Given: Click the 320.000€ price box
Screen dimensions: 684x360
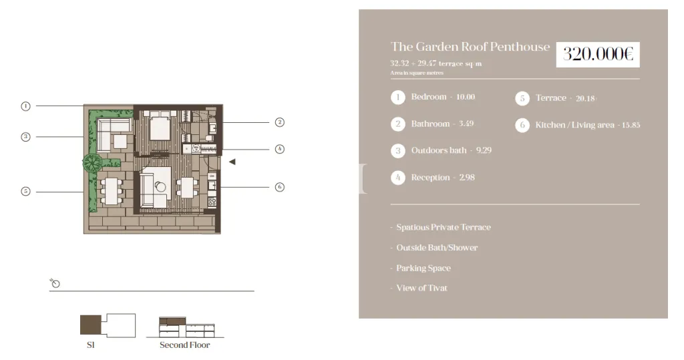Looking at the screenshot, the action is [598, 55].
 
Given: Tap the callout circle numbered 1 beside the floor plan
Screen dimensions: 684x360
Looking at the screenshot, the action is [26, 106].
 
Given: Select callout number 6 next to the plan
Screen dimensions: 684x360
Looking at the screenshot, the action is [280, 187].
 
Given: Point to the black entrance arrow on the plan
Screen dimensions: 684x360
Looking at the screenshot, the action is [232, 162].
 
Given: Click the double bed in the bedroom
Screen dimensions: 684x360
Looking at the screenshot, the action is [160, 126].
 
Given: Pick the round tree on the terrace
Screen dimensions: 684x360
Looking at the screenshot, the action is [92, 163].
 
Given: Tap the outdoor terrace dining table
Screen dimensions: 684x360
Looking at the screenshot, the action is [112, 191].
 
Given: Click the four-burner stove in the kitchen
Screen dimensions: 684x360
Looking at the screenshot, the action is [212, 202].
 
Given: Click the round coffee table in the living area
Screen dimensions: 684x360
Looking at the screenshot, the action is [160, 187].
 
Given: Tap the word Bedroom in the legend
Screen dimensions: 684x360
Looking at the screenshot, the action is [429, 97].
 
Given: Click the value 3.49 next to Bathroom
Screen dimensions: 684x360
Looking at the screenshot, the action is [466, 124].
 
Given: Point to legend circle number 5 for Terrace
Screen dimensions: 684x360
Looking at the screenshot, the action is [522, 98].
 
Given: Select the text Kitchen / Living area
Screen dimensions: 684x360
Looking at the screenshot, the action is [574, 126].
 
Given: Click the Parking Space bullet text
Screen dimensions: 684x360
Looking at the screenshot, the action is [423, 268].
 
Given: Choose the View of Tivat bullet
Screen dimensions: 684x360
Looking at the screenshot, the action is [422, 288].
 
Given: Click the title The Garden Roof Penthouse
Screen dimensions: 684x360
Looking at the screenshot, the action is [470, 47].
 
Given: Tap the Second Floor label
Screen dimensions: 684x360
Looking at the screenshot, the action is [184, 345].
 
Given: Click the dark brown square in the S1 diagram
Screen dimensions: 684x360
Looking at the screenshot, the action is [91, 325].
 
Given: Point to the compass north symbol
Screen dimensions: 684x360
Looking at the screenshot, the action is [55, 283].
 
